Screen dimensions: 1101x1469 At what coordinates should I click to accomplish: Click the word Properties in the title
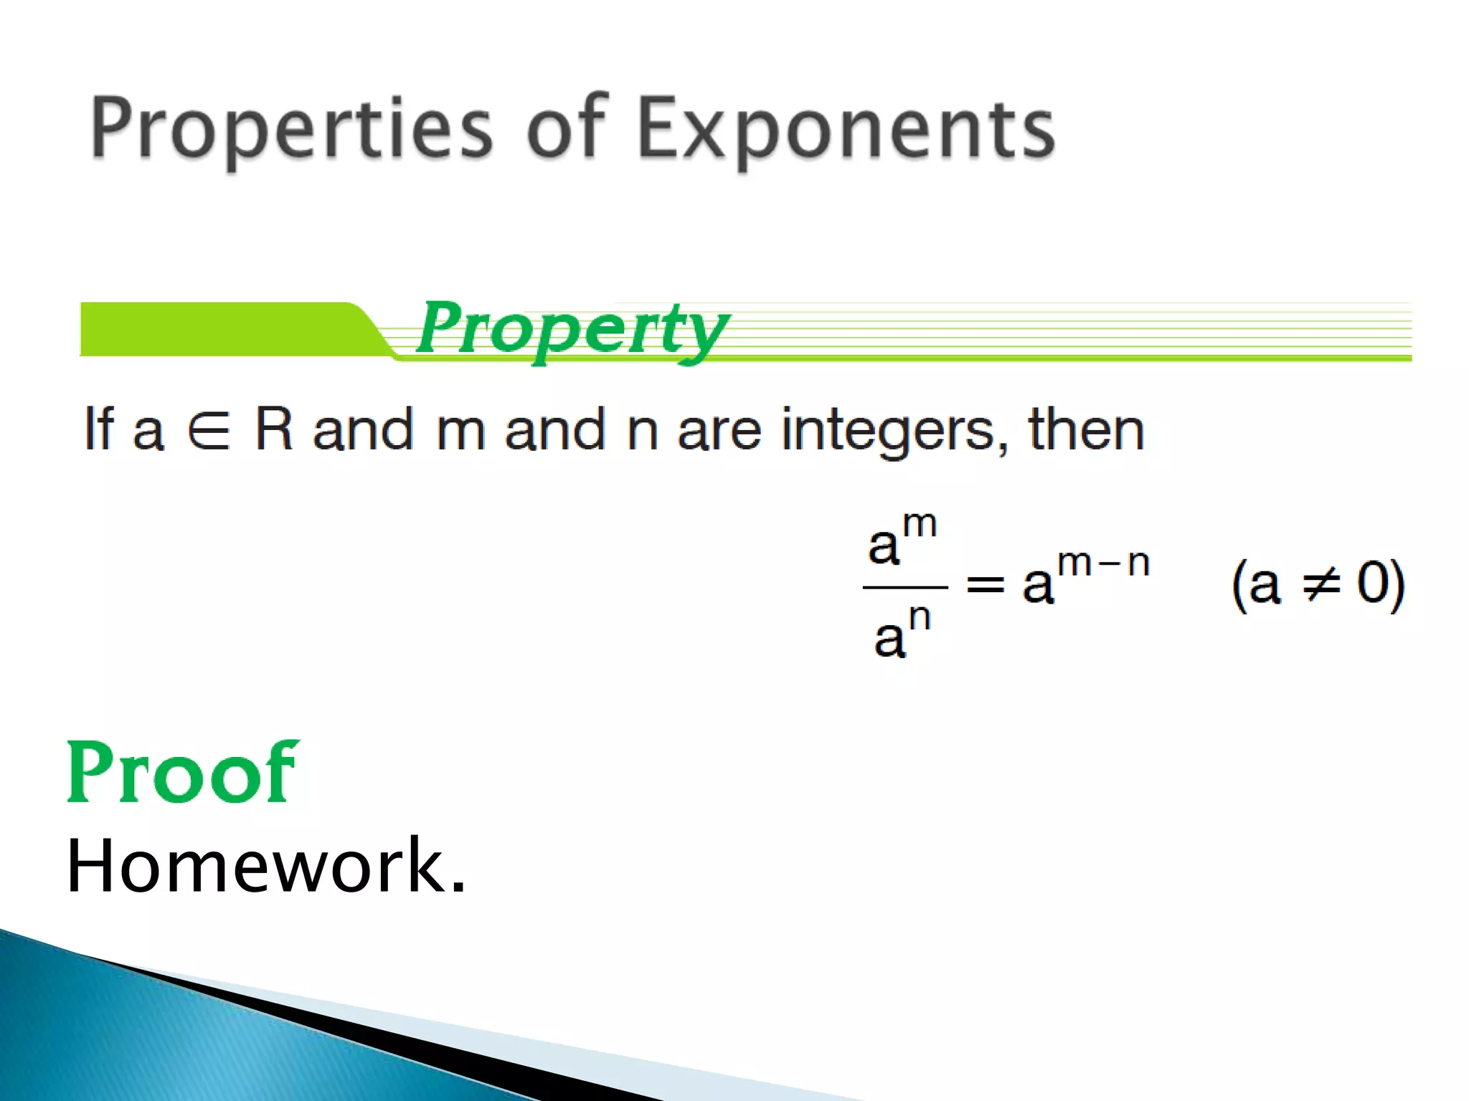(291, 129)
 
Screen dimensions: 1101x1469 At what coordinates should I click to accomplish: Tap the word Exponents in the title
(846, 129)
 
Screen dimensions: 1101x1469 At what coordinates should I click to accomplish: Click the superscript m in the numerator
(920, 525)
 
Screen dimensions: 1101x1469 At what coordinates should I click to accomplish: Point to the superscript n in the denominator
(920, 618)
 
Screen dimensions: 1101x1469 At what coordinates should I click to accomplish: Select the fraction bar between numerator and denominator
(905, 588)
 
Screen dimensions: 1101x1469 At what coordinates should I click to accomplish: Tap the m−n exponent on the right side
(1103, 563)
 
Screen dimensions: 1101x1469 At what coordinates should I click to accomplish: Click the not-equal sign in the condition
(1321, 584)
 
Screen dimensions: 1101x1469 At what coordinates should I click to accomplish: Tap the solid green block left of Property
(215, 329)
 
